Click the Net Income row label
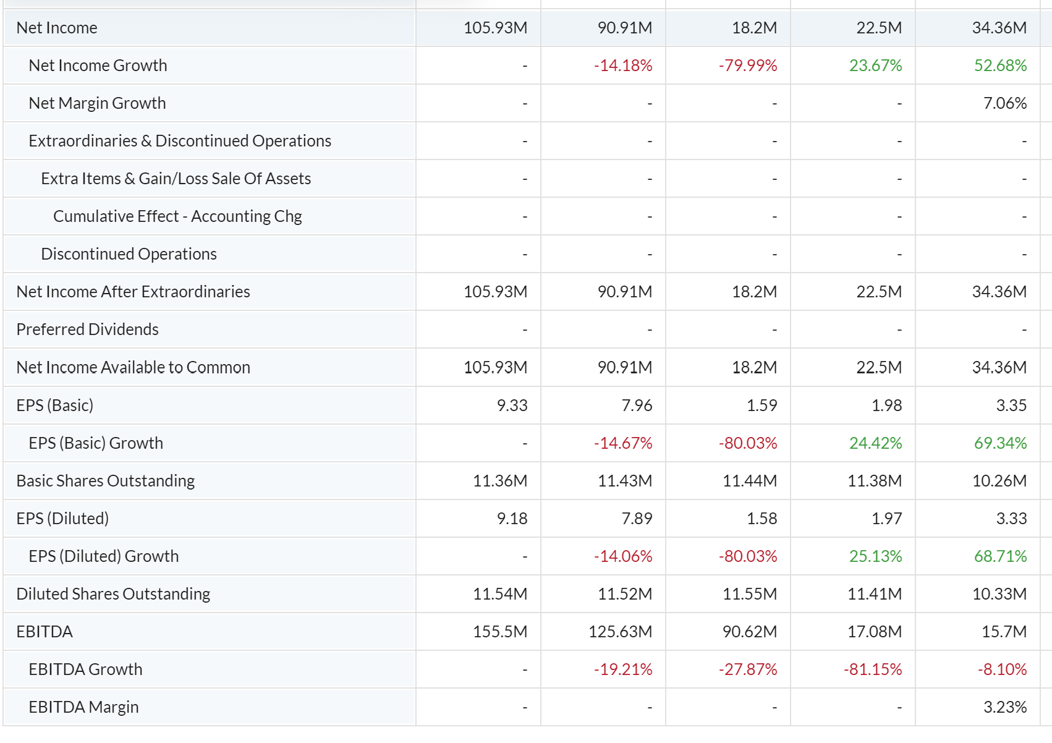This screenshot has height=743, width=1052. click(57, 28)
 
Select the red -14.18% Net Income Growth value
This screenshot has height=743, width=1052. click(623, 66)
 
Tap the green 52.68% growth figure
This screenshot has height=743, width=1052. click(1000, 66)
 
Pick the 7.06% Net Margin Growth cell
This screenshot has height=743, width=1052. click(1005, 103)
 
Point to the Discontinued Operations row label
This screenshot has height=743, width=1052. click(129, 254)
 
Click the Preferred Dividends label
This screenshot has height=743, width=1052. click(87, 329)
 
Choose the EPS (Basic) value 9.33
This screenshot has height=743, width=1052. click(512, 405)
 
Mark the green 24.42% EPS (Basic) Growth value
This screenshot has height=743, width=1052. click(875, 443)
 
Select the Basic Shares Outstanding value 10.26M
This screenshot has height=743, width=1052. click(999, 481)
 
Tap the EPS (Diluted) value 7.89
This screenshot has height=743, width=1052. click(637, 519)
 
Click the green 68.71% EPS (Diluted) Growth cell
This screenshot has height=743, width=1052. click(1000, 556)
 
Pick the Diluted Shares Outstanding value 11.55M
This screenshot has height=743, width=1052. click(749, 594)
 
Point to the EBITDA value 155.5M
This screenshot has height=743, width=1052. click(499, 632)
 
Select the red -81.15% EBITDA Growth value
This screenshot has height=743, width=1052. click(873, 669)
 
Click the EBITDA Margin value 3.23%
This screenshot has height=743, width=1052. click(1005, 707)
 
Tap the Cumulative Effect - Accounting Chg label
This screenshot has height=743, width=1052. click(177, 216)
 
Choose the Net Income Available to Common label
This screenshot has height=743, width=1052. click(133, 367)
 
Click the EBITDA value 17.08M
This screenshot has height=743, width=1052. click(874, 632)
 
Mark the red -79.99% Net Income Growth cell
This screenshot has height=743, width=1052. click(748, 66)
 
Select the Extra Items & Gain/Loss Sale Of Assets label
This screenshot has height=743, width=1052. click(176, 179)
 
